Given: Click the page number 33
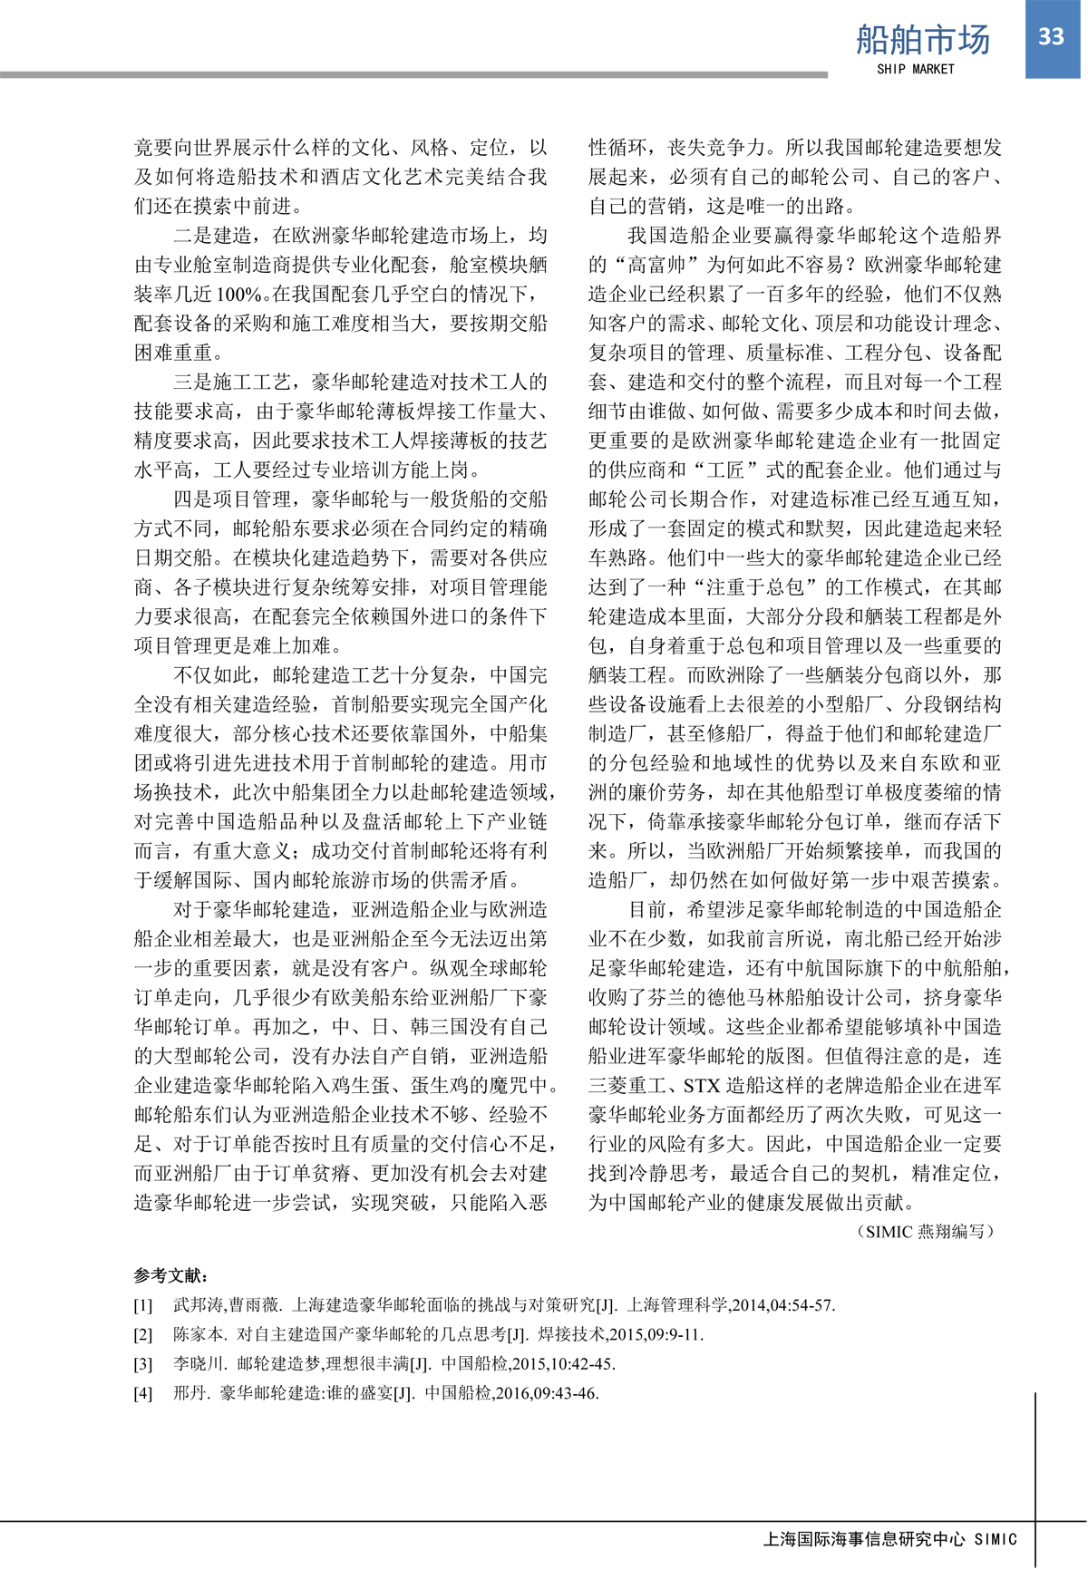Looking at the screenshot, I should pos(1051,36).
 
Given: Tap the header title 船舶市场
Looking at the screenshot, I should pos(923,40).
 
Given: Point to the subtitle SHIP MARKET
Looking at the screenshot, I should pos(916,69).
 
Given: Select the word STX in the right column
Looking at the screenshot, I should pos(701,1086).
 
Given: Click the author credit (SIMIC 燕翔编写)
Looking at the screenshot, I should pos(925,1231).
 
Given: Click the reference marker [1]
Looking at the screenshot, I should pos(143,1306).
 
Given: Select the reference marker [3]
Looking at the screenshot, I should pos(143,1364).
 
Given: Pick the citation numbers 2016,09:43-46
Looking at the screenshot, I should pos(546,1393).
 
